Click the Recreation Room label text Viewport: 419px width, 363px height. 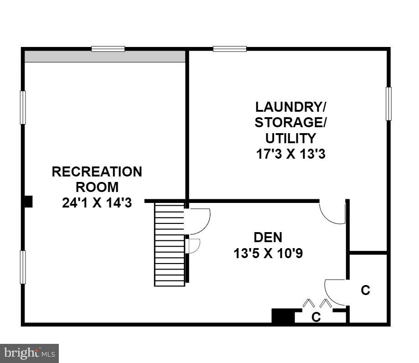97,179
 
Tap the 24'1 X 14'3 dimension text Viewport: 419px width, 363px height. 97,202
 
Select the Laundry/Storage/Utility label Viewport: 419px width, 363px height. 290,122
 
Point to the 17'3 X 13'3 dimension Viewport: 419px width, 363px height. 290,154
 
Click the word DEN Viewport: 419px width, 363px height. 268,237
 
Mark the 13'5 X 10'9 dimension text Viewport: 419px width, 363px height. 268,253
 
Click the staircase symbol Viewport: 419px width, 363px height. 170,244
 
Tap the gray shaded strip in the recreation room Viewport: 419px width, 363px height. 104,57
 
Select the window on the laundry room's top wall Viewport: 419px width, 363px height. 230,49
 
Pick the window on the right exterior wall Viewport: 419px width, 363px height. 388,104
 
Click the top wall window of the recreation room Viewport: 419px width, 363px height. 108,49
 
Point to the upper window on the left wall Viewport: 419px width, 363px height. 23,107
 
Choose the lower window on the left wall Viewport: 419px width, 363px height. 23,267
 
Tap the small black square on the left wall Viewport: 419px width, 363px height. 28,202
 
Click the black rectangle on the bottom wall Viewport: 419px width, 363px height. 283,316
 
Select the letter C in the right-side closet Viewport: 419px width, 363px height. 365,290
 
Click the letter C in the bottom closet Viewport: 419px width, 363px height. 316,317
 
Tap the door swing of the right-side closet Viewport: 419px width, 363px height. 335,292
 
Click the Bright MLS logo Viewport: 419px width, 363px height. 29,353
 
